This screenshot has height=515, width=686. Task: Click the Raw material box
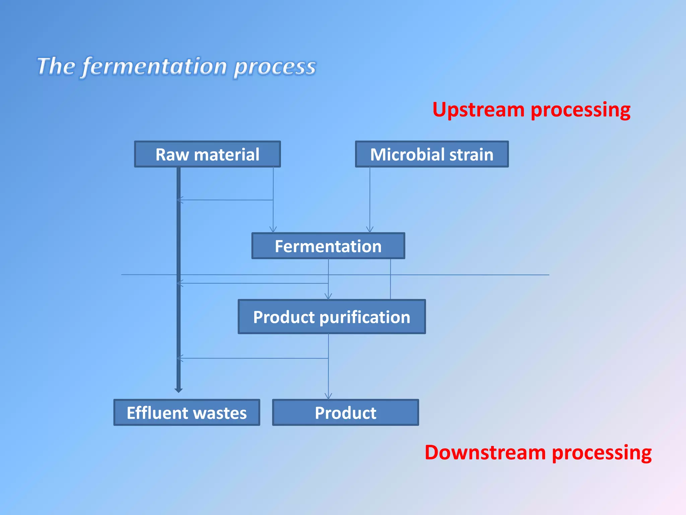tap(207, 154)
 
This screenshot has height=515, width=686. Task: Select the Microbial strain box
tap(432, 154)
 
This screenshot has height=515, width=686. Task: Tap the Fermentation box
tap(328, 246)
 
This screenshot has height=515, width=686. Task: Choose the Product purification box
tap(332, 317)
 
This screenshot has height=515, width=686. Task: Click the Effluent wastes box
tap(187, 412)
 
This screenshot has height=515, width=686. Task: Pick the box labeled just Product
tap(345, 412)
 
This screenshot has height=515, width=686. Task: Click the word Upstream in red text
tap(478, 110)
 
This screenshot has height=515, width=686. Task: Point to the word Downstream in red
tap(485, 452)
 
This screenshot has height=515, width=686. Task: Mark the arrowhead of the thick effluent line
tap(179, 390)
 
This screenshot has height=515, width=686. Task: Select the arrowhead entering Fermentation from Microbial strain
tap(370, 230)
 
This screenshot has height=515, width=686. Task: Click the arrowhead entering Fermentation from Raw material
tap(273, 230)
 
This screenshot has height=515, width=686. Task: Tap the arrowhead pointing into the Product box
tap(328, 397)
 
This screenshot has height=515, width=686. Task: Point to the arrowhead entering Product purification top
tap(328, 297)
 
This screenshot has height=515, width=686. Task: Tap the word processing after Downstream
tap(602, 453)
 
